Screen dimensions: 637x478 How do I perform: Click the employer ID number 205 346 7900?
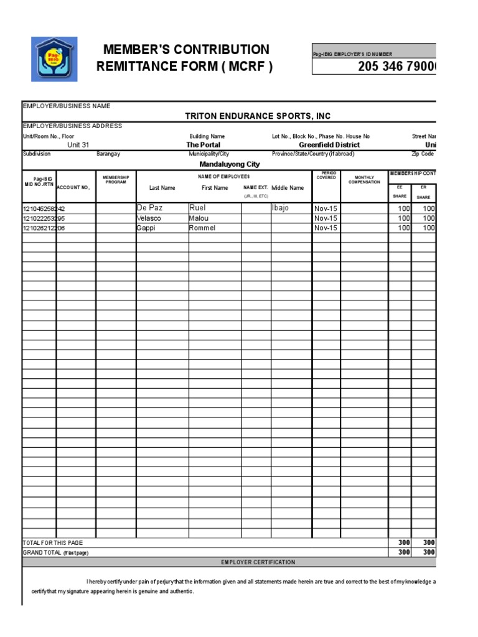(x=396, y=67)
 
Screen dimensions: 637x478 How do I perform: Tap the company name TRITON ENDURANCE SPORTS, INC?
(x=258, y=116)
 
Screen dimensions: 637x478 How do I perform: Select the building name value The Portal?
(x=203, y=145)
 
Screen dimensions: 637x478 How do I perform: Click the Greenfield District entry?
(x=329, y=145)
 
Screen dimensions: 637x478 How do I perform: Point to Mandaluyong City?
(x=229, y=164)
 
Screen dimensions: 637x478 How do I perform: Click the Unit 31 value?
(x=78, y=145)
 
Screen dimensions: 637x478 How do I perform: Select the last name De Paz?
(x=149, y=208)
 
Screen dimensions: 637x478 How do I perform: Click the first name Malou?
(x=199, y=218)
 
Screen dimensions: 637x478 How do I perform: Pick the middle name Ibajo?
(x=280, y=208)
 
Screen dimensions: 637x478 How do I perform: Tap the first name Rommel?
(x=202, y=228)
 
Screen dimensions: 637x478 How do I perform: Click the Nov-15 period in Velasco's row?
(x=326, y=218)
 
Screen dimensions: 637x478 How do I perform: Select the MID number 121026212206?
(x=44, y=228)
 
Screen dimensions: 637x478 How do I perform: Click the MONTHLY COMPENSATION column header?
(x=364, y=180)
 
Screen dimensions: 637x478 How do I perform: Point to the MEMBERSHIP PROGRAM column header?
(x=116, y=180)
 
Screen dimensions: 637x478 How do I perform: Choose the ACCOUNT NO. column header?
(x=73, y=187)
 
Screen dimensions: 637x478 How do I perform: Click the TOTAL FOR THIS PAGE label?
(x=53, y=543)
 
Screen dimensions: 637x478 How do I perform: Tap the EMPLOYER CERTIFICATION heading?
(x=258, y=562)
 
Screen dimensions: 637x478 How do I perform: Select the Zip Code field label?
(x=423, y=154)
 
